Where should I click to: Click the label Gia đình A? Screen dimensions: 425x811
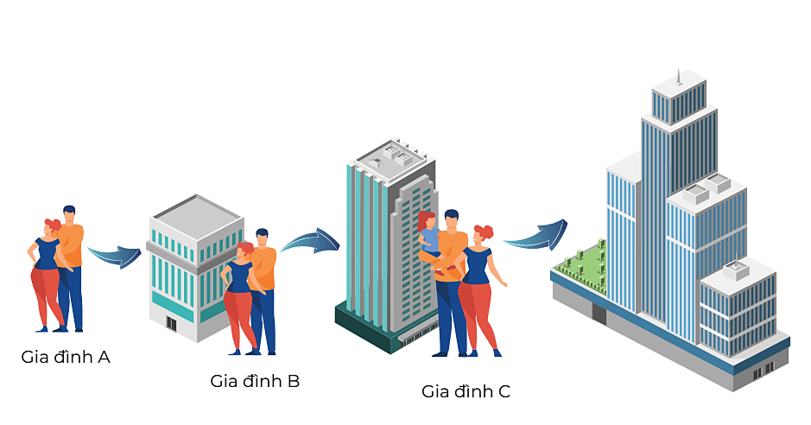click(x=66, y=356)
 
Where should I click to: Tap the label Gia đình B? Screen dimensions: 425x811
click(x=255, y=380)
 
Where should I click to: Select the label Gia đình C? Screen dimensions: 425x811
click(x=466, y=391)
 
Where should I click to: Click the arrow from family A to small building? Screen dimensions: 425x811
click(x=114, y=256)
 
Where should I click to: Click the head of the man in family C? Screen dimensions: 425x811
click(x=452, y=219)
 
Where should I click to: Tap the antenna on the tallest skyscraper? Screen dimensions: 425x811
click(x=678, y=78)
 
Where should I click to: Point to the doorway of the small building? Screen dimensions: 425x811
click(x=171, y=324)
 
